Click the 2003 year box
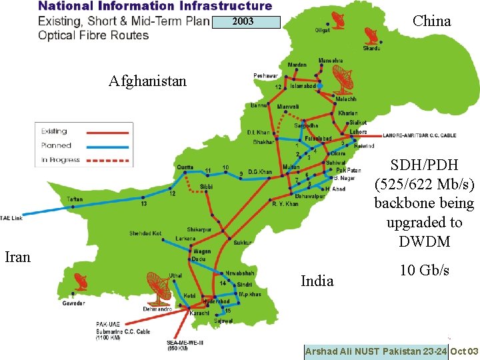(243, 22)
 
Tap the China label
(431, 21)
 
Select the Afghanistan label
(148, 81)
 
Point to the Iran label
(18, 257)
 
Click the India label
(317, 281)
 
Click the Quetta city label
(185, 167)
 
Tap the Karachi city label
(199, 312)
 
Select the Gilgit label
(323, 30)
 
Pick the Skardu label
(372, 49)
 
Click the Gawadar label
(73, 303)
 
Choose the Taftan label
(75, 199)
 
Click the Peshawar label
(265, 76)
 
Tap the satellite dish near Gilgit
(335, 19)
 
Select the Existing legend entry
(54, 131)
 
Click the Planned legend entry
(56, 145)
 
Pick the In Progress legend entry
(60, 160)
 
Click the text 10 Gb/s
(424, 270)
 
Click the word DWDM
(424, 241)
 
